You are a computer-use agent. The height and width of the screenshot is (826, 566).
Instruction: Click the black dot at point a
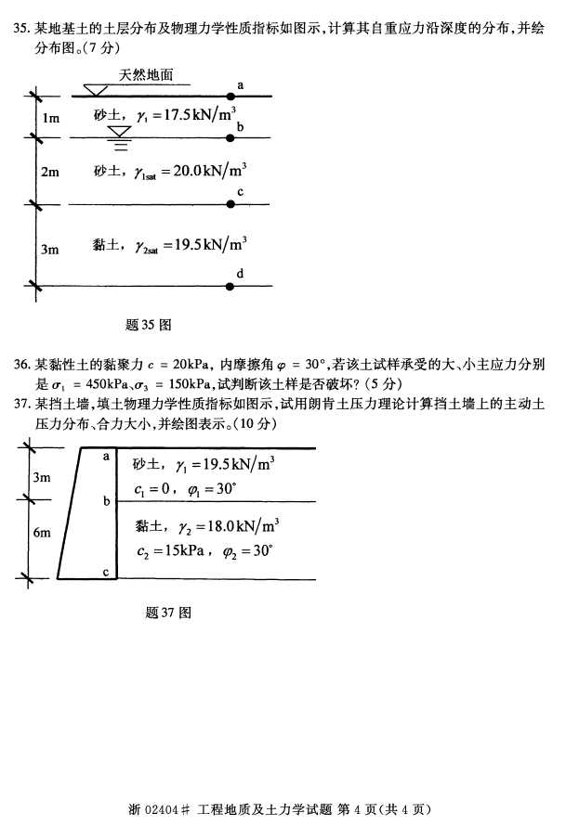[x=230, y=96]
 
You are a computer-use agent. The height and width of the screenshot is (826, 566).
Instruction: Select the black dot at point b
[x=230, y=138]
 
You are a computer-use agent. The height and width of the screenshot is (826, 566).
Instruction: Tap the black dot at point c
[x=230, y=203]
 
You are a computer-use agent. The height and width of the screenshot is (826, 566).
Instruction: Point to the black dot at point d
[x=230, y=286]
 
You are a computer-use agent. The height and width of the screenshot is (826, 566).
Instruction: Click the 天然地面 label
[x=146, y=76]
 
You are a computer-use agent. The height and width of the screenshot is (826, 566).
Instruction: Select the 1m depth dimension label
[x=50, y=118]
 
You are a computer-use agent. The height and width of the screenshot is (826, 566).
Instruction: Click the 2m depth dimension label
[x=50, y=172]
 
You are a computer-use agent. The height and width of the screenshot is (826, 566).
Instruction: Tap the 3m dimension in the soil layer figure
[x=50, y=249]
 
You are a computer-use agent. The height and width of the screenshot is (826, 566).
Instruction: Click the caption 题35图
[x=149, y=325]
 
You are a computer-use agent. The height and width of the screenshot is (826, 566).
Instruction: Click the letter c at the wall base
[x=106, y=573]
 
